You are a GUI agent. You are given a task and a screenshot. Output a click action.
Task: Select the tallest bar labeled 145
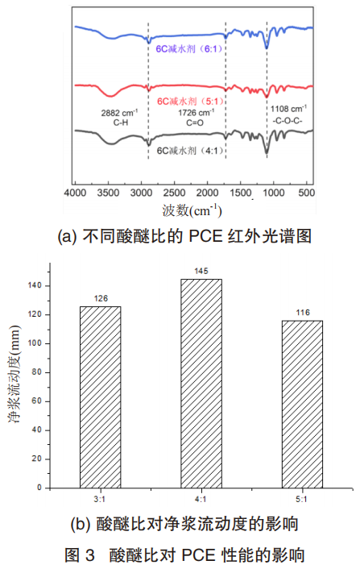point(201,383)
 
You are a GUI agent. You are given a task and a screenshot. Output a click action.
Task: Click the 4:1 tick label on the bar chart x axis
point(201,498)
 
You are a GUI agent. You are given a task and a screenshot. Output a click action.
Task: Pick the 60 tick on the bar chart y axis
point(44,401)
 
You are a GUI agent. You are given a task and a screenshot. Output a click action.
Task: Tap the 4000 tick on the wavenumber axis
point(75,194)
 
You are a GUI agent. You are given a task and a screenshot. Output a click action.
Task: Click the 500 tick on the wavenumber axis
point(308,194)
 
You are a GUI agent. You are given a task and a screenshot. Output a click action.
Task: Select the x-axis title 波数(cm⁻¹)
point(192,211)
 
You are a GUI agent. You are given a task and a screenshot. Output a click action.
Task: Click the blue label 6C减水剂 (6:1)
point(188,49)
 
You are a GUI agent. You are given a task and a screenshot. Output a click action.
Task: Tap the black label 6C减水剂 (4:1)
point(188,150)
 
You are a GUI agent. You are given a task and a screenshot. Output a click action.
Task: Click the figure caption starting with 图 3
point(181,554)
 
